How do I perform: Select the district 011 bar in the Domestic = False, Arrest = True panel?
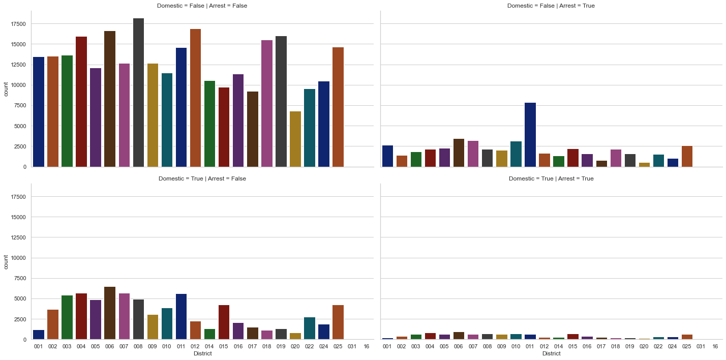click(530, 135)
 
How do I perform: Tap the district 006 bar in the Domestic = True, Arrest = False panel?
click(110, 313)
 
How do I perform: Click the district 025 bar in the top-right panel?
click(687, 156)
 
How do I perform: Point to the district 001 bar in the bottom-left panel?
click(39, 335)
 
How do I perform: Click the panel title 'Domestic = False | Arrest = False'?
click(202, 6)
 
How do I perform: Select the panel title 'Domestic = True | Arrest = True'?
click(551, 178)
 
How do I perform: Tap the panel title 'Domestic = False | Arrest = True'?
click(551, 6)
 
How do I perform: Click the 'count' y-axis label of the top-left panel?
click(6, 89)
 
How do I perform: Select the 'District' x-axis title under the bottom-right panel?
click(551, 354)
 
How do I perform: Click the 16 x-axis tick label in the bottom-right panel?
click(715, 346)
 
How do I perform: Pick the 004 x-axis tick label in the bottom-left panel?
click(81, 346)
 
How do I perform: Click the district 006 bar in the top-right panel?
click(459, 153)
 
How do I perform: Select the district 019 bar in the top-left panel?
click(281, 101)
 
